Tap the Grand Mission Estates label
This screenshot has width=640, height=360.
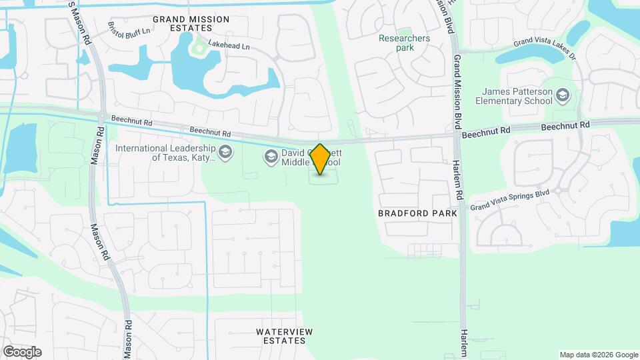tap(191, 24)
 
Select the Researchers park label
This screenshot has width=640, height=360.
tap(405, 43)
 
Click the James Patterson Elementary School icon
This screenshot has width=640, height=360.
tap(563, 95)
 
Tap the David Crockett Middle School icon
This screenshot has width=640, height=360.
tap(271, 157)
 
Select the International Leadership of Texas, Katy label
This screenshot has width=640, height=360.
tap(165, 153)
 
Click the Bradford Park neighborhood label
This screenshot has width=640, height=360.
tap(418, 213)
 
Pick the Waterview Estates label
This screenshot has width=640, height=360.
tap(284, 336)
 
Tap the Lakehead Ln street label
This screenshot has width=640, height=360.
tap(229, 47)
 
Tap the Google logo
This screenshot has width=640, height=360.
tap(22, 351)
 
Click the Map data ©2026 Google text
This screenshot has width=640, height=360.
tap(598, 355)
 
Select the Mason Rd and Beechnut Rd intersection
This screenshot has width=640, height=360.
tap(101, 117)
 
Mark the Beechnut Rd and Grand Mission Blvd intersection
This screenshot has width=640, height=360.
tap(457, 134)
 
